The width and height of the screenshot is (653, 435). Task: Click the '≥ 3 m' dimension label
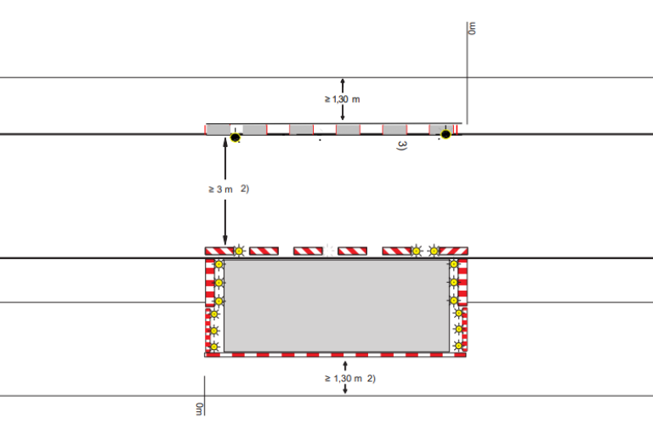click(x=221, y=189)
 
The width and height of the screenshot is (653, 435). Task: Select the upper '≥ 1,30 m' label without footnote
click(x=343, y=99)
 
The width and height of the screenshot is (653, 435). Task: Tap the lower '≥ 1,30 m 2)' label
click(x=350, y=378)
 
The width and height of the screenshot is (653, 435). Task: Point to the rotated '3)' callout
click(x=401, y=145)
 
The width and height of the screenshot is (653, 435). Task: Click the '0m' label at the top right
click(x=472, y=28)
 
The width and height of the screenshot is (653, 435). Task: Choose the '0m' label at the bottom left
click(x=200, y=409)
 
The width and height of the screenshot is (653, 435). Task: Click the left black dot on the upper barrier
click(x=236, y=137)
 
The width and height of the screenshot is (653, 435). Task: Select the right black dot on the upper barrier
click(x=446, y=134)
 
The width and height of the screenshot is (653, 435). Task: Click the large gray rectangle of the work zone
click(x=337, y=306)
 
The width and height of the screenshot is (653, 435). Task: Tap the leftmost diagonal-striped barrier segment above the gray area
click(x=219, y=251)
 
